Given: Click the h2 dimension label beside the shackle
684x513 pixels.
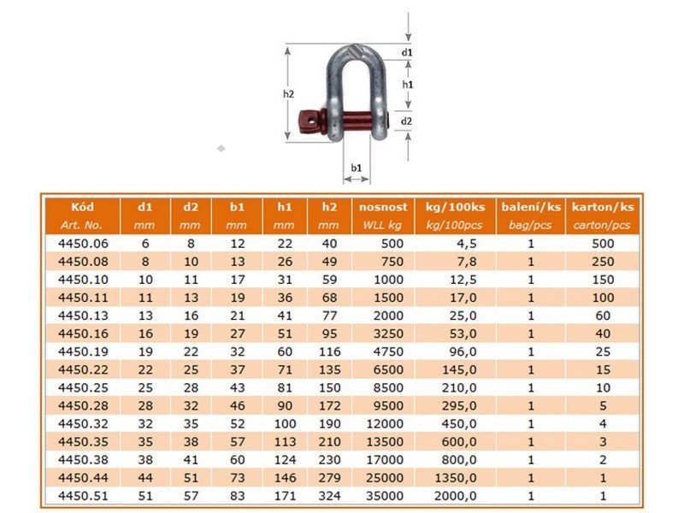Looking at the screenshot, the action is coord(288,94).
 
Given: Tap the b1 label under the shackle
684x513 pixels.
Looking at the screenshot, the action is coord(357,168).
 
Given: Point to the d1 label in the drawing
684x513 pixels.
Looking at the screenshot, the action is coord(407,52).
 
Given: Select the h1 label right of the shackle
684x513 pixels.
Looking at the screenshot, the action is coord(408,85).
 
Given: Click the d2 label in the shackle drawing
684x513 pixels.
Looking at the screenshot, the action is coord(406,121).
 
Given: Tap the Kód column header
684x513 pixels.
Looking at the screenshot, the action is coord(82,207).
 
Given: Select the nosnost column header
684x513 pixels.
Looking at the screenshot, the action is coord(383,207).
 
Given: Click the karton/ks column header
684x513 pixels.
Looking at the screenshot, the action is coord(603,207).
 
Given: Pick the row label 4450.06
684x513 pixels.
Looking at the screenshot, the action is coord(83,244).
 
